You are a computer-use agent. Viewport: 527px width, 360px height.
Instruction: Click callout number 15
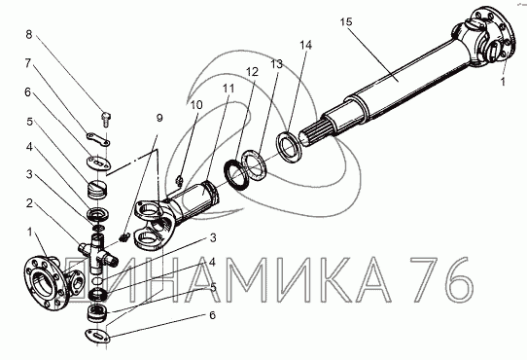point(346,21)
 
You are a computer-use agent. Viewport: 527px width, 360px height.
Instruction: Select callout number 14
point(306,45)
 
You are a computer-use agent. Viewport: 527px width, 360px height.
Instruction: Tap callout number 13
point(277,64)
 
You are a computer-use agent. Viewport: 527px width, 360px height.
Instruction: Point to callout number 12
point(252,72)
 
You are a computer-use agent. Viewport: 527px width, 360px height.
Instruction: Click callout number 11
point(228,89)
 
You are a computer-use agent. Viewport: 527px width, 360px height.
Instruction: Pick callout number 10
point(196,105)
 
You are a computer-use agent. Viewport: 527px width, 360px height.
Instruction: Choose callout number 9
point(159,118)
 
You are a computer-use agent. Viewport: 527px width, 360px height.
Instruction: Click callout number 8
point(29,34)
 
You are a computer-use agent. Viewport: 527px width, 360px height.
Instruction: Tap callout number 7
point(27,63)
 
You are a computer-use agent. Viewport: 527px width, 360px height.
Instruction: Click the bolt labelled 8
point(106,120)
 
